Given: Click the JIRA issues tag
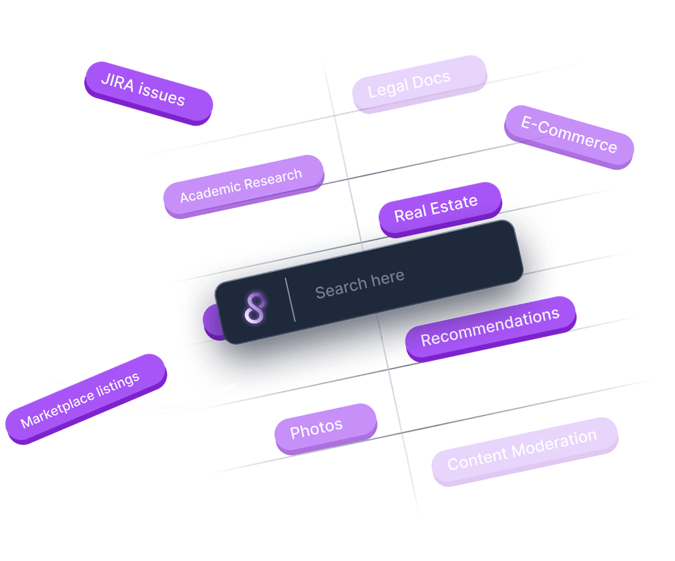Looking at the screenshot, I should point(148,92).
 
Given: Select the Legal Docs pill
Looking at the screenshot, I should point(419,83).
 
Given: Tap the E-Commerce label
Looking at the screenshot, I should point(569,137).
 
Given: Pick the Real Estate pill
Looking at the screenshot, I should point(439,209).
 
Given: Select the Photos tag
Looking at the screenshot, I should point(325,428).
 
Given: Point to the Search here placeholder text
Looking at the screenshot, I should point(359,283).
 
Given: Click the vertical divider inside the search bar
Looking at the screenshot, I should point(291,300).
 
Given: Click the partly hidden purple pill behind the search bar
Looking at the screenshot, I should point(210,320).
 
